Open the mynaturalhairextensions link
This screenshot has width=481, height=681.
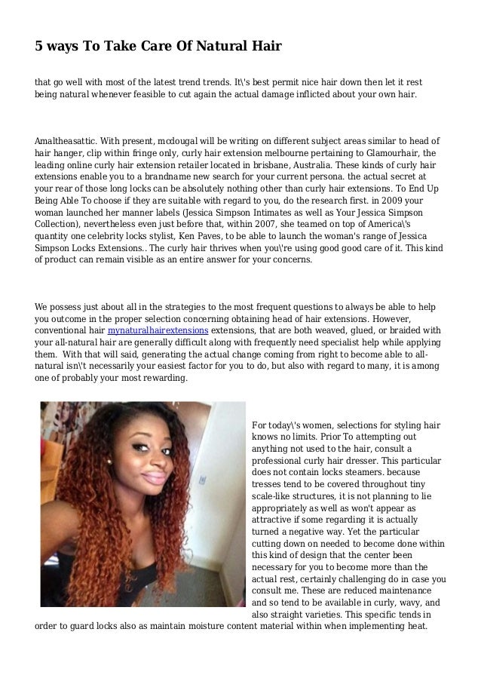click(158, 330)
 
